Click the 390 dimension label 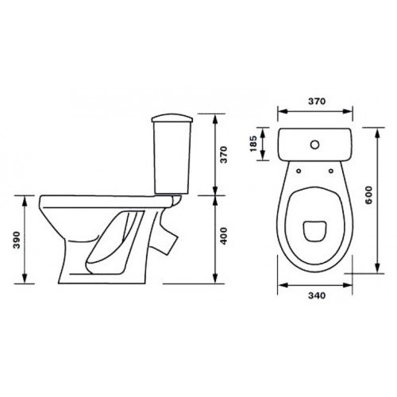coord(17,240)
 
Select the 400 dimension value coord(224,236)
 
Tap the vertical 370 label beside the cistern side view coord(224,155)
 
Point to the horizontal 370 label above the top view coord(317,101)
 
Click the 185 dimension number coord(253,144)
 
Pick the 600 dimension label coord(368,195)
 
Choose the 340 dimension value coord(317,295)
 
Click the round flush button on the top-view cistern coord(314,145)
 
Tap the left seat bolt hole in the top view coord(299,171)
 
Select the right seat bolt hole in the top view coord(331,171)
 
